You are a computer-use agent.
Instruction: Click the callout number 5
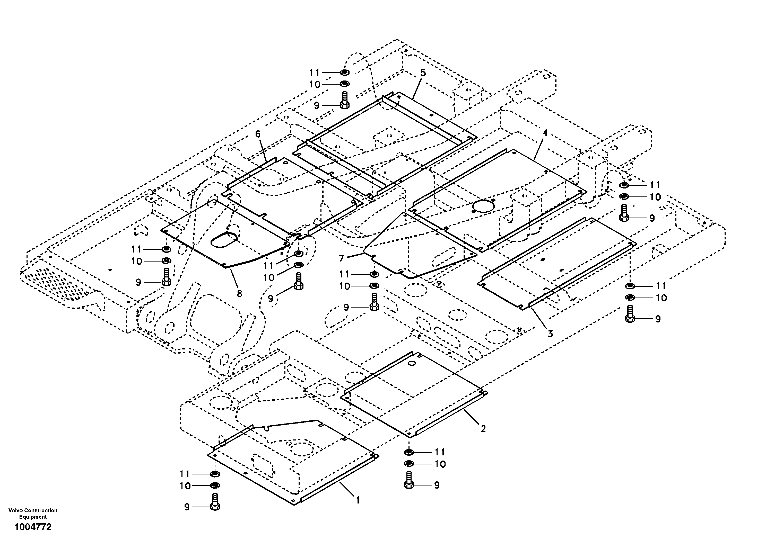tap(423, 73)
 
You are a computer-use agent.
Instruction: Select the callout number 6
tap(258, 134)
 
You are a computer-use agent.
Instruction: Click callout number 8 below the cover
tap(239, 294)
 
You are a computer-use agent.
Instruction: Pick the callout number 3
tap(550, 333)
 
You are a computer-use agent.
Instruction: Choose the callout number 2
tap(483, 429)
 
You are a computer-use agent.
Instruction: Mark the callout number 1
tap(358, 500)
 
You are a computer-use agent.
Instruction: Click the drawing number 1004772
tap(33, 527)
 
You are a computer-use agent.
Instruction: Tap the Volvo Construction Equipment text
tap(33, 513)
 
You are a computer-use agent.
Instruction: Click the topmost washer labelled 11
tap(345, 72)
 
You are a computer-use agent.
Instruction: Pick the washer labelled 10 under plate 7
tap(374, 286)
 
